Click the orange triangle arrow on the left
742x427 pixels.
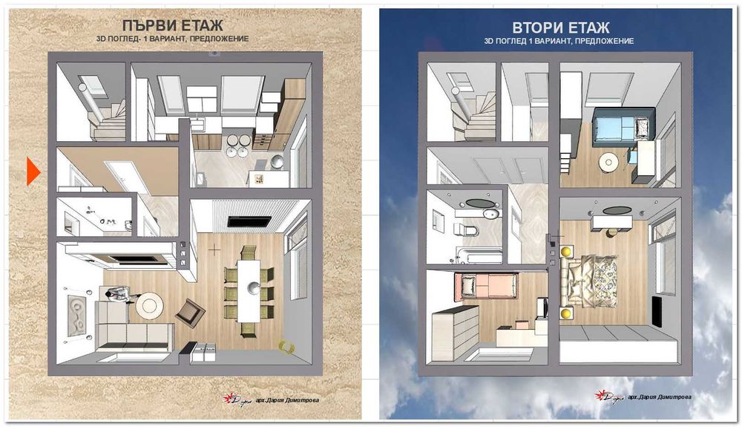(33, 172)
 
